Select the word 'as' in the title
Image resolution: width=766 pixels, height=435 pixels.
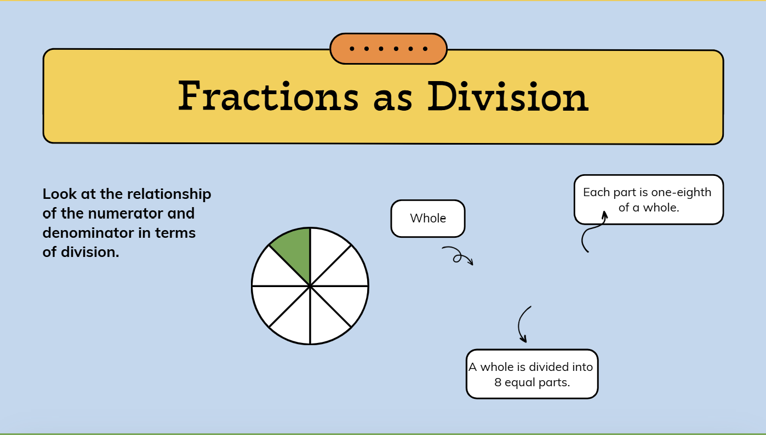click(393, 100)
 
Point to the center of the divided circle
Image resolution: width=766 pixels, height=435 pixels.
click(310, 285)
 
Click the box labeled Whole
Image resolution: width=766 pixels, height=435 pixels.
click(428, 219)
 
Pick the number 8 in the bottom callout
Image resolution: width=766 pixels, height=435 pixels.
click(498, 382)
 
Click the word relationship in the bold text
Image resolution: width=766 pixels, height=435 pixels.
click(169, 194)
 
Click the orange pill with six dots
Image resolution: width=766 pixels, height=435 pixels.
click(388, 49)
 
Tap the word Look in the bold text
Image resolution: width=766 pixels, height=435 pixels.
click(60, 194)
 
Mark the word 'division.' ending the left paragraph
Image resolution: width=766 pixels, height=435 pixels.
click(90, 253)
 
